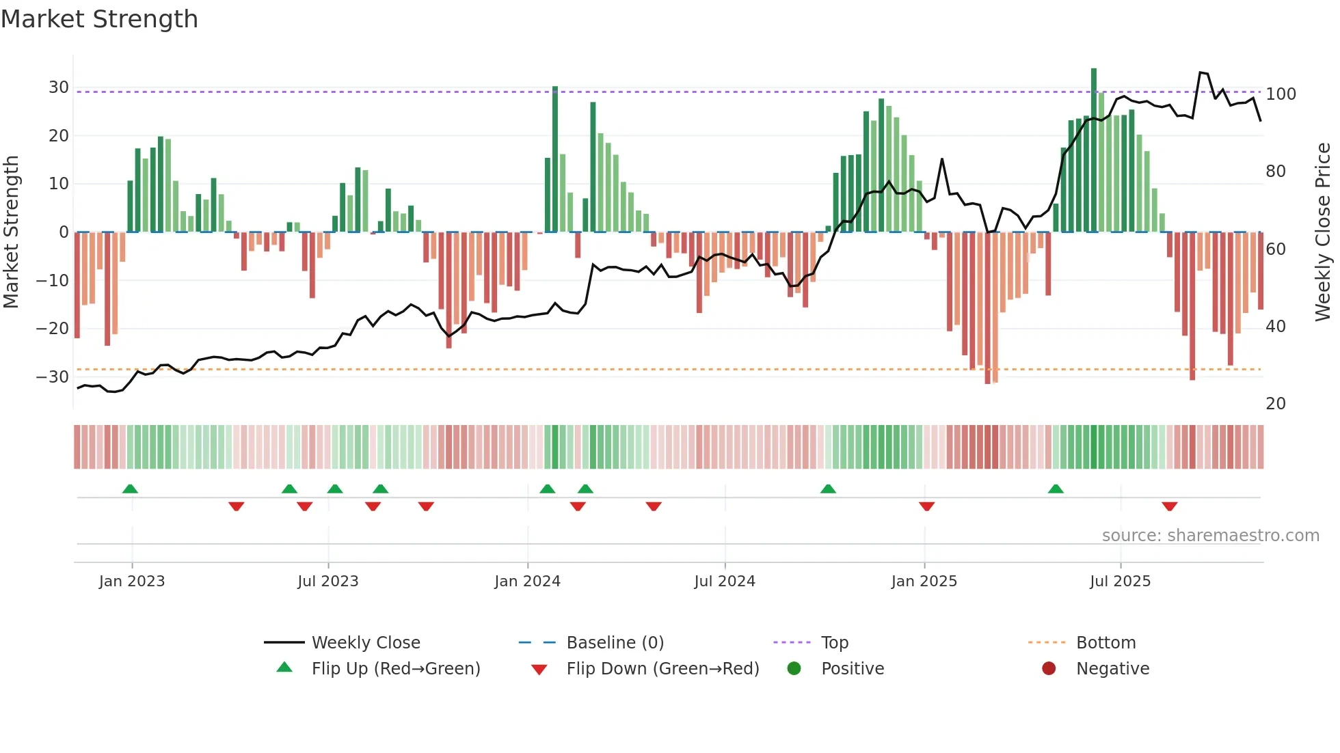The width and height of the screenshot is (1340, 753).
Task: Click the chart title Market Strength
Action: tap(99, 19)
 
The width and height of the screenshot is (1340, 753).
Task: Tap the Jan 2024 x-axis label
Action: tap(527, 581)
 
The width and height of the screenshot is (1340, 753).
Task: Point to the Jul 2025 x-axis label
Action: tap(1120, 581)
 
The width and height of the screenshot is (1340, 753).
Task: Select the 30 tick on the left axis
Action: tap(58, 87)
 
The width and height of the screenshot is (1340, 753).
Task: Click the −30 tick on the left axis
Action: tap(53, 376)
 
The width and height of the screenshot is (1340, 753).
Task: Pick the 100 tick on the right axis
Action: tap(1281, 94)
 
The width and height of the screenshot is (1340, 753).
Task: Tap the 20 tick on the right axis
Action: tap(1275, 404)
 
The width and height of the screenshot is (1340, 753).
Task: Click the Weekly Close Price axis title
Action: tap(1323, 232)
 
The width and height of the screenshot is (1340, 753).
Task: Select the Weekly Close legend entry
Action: tap(365, 643)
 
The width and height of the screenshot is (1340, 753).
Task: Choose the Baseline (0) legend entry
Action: tap(615, 643)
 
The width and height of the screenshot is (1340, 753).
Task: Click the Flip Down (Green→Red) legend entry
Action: tap(662, 669)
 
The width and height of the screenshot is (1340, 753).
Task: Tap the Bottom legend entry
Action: tap(1105, 643)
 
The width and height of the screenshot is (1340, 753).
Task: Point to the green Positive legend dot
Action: tap(794, 669)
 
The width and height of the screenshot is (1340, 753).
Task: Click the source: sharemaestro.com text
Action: tap(1210, 536)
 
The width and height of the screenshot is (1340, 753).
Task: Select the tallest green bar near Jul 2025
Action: tap(1094, 150)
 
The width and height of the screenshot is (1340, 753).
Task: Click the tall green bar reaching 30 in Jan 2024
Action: tap(555, 159)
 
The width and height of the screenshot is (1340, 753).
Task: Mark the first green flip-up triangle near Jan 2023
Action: tap(130, 489)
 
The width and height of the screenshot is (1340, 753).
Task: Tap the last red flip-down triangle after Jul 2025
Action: tap(1169, 506)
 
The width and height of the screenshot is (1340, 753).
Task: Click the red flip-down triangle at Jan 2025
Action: tap(926, 506)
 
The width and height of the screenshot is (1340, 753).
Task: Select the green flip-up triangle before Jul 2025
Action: tap(1056, 489)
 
